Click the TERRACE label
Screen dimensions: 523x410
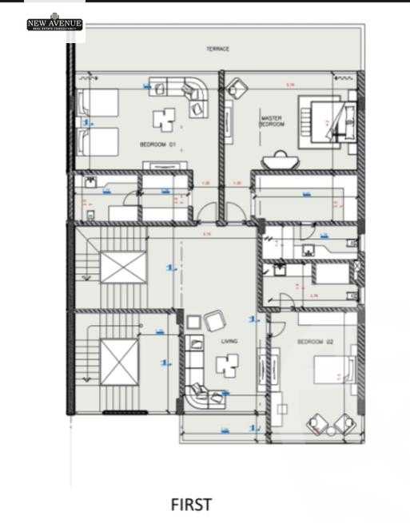point(217,50)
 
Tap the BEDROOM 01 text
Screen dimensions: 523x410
point(157,145)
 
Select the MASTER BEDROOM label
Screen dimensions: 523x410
point(272,121)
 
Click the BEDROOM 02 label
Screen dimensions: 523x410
point(311,342)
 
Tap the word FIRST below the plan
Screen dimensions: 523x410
point(192,505)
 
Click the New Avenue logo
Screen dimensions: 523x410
point(54,25)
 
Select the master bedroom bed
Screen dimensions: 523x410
point(323,122)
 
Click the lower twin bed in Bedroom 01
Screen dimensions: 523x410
point(98,143)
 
